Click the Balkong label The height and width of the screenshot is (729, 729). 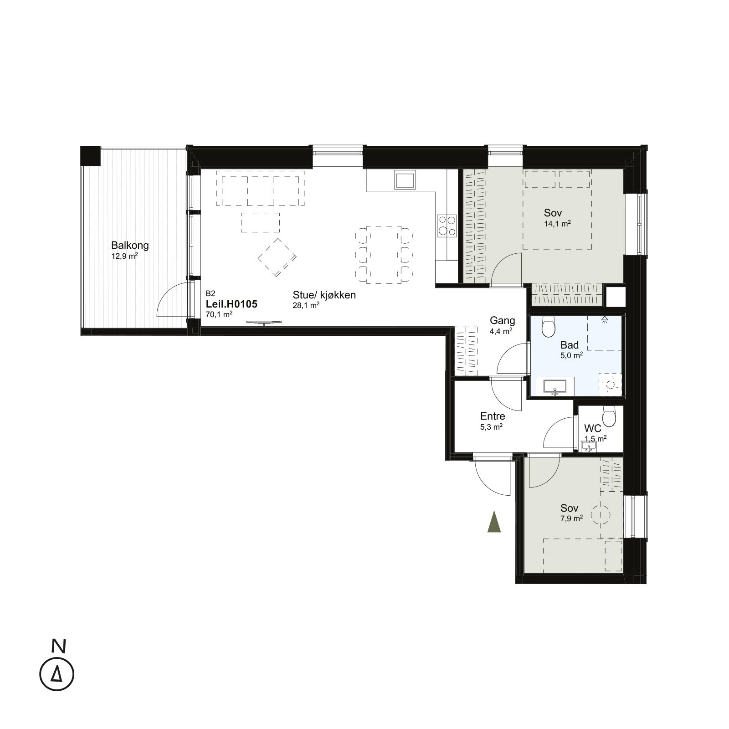[130, 245]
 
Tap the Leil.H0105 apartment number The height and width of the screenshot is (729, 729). [232, 304]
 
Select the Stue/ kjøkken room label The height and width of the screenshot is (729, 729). [324, 295]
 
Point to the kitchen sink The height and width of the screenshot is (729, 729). [405, 180]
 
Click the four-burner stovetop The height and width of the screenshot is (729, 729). [447, 226]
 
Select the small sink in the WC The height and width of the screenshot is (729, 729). [589, 447]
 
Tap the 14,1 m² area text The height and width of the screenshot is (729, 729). [557, 223]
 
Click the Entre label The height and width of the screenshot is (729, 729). [493, 416]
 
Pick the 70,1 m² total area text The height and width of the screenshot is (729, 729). [219, 314]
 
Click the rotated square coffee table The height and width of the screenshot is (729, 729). [277, 257]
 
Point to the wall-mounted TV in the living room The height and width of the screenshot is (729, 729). [264, 322]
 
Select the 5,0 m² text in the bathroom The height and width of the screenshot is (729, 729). [571, 355]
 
